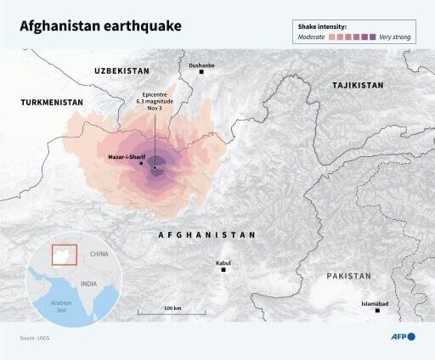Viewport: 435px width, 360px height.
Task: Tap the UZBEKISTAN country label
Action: click(121, 70)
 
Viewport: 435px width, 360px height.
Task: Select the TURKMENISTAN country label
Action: click(52, 102)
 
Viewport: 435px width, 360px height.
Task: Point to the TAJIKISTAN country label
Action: click(358, 86)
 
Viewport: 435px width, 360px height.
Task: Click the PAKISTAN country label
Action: click(349, 276)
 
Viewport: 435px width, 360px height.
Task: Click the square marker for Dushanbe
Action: click(201, 72)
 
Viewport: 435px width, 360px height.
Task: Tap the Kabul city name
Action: click(223, 263)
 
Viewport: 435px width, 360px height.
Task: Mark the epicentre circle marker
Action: click(154, 167)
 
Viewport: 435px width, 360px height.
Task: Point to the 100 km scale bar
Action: click(173, 312)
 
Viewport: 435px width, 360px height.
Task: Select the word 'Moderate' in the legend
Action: click(314, 37)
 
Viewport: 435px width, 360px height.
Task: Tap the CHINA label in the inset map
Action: click(101, 254)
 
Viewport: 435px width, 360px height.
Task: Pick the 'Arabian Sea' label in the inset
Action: click(59, 306)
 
